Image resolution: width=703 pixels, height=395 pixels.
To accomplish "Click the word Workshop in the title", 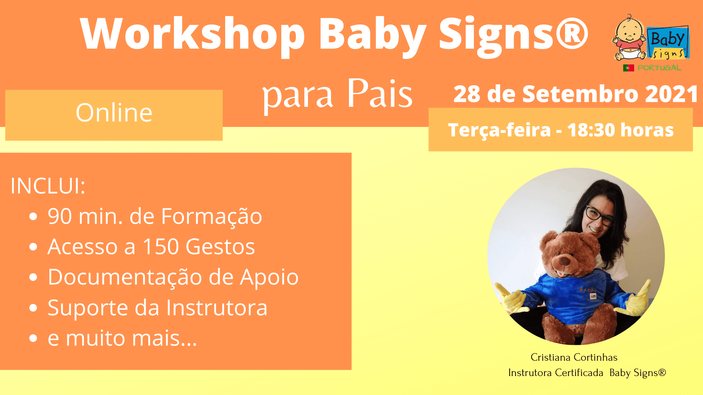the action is coord(193,34).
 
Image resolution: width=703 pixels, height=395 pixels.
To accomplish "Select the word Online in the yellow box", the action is coord(114,113).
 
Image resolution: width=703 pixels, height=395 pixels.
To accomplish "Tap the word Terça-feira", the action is coord(499,131).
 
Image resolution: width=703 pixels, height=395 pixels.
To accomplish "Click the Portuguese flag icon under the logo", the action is coord(628,68).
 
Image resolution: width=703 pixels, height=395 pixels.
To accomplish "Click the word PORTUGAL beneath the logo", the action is coord(659,68).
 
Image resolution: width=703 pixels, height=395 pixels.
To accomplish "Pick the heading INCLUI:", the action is coord(48,186).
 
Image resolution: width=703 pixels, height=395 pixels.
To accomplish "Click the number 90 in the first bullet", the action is coord(60,216).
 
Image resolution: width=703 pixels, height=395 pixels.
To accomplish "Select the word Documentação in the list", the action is coord(125,277).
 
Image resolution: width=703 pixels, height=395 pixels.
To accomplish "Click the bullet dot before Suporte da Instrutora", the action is coord(33,308).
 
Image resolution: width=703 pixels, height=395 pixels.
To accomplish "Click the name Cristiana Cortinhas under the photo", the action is coord(574,357).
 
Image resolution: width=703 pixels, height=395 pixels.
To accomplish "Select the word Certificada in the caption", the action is coord(579,373).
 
